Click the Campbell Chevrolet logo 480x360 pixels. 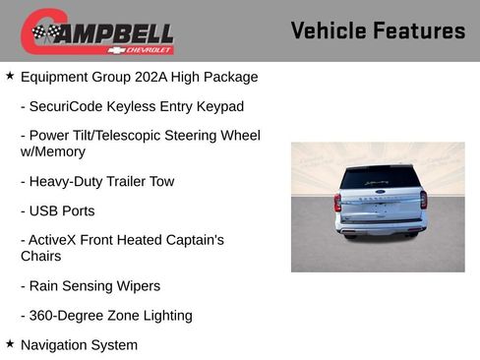pyautogui.click(x=97, y=32)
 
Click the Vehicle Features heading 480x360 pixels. pyautogui.click(x=378, y=30)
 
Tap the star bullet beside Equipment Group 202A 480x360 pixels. pyautogui.click(x=10, y=76)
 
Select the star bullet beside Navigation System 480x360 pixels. pyautogui.click(x=10, y=344)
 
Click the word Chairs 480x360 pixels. pyautogui.click(x=41, y=257)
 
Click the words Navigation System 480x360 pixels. pyautogui.click(x=79, y=345)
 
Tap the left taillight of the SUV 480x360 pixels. pyautogui.click(x=337, y=202)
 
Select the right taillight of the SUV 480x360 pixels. pyautogui.click(x=423, y=200)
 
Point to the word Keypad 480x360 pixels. pyautogui.click(x=221, y=106)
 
